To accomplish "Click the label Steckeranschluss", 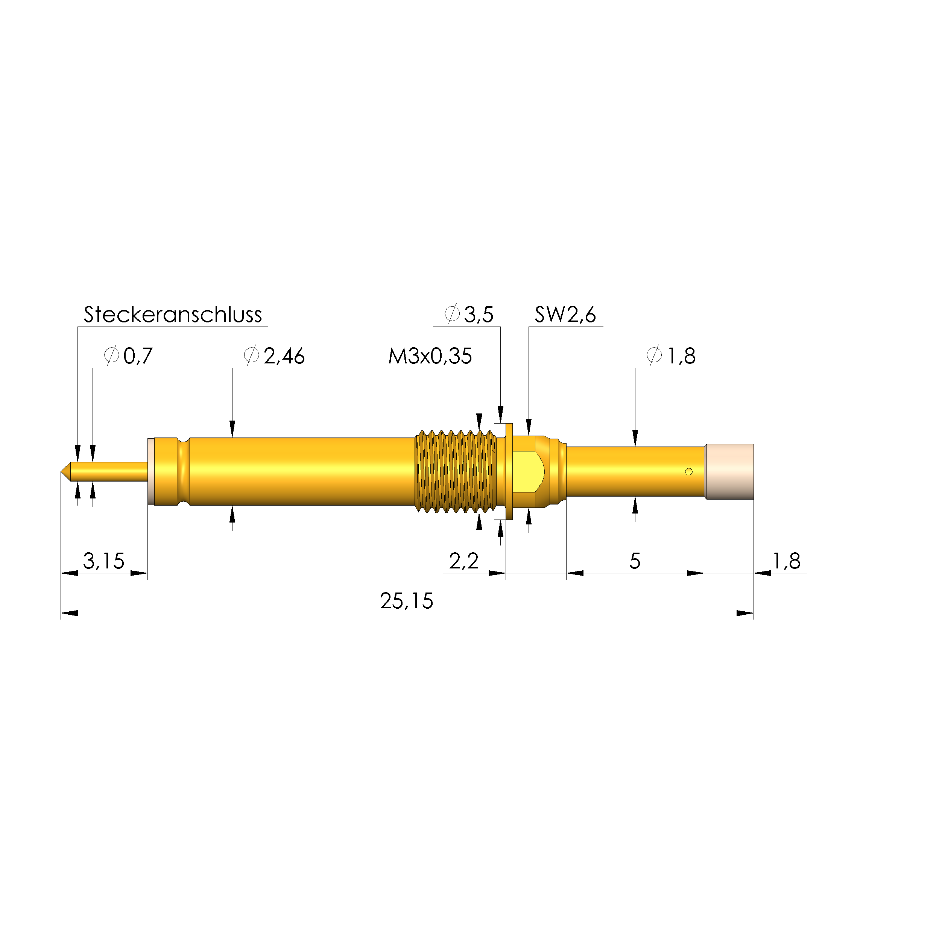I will (x=173, y=315).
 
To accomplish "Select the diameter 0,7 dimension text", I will (x=129, y=356).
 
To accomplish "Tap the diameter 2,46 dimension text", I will (x=275, y=356).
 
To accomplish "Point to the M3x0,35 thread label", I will (x=430, y=356).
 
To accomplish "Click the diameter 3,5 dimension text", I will (x=469, y=315).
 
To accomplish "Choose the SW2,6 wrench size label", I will (x=565, y=315).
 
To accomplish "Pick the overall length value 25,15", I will (x=406, y=601).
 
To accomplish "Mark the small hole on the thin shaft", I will (x=688, y=471).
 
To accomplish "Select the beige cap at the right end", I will (x=729, y=471).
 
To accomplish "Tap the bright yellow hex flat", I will (x=529, y=471).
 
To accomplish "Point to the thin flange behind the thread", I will (x=509, y=471).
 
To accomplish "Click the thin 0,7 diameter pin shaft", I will (x=110, y=471).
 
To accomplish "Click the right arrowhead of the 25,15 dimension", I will (x=745, y=613).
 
